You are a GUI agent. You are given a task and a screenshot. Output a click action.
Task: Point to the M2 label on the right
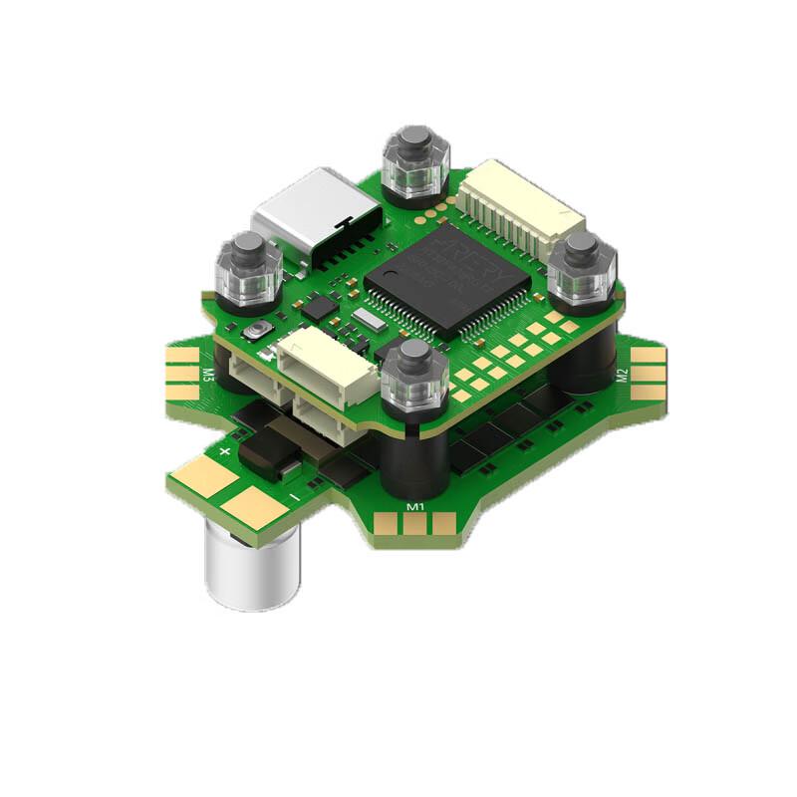point(622,377)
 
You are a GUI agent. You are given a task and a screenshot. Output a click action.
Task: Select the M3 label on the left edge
point(208,376)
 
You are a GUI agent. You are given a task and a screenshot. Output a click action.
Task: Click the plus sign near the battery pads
point(224,451)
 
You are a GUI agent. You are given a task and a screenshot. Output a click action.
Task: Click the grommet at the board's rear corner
point(416,165)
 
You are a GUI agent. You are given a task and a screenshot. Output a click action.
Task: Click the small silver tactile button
point(261,332)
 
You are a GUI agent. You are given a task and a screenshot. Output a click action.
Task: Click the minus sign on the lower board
point(295,494)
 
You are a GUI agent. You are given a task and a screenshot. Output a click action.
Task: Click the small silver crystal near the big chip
point(367,319)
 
